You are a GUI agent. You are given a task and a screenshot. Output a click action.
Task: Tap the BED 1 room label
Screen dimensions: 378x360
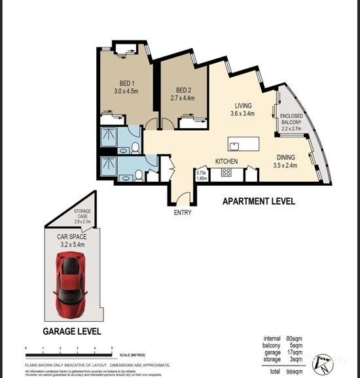click(127, 86)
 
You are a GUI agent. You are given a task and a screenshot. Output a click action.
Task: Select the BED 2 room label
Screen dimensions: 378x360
click(183, 94)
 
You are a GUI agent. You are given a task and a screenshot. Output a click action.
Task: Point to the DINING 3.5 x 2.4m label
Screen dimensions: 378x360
click(285, 161)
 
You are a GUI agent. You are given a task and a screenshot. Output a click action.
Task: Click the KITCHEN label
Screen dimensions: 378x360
click(226, 161)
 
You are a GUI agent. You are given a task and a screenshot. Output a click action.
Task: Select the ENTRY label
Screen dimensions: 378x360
click(183, 213)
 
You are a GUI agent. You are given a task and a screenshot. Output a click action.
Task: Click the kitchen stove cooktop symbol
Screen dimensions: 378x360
click(227, 173)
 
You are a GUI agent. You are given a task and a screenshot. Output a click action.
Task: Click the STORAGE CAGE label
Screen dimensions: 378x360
click(82, 215)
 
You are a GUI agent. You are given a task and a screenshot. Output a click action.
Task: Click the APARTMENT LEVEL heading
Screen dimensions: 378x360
click(259, 201)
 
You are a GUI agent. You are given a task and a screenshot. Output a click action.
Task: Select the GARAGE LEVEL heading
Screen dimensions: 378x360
click(70, 332)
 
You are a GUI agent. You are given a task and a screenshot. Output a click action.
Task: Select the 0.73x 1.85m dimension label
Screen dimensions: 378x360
click(202, 175)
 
